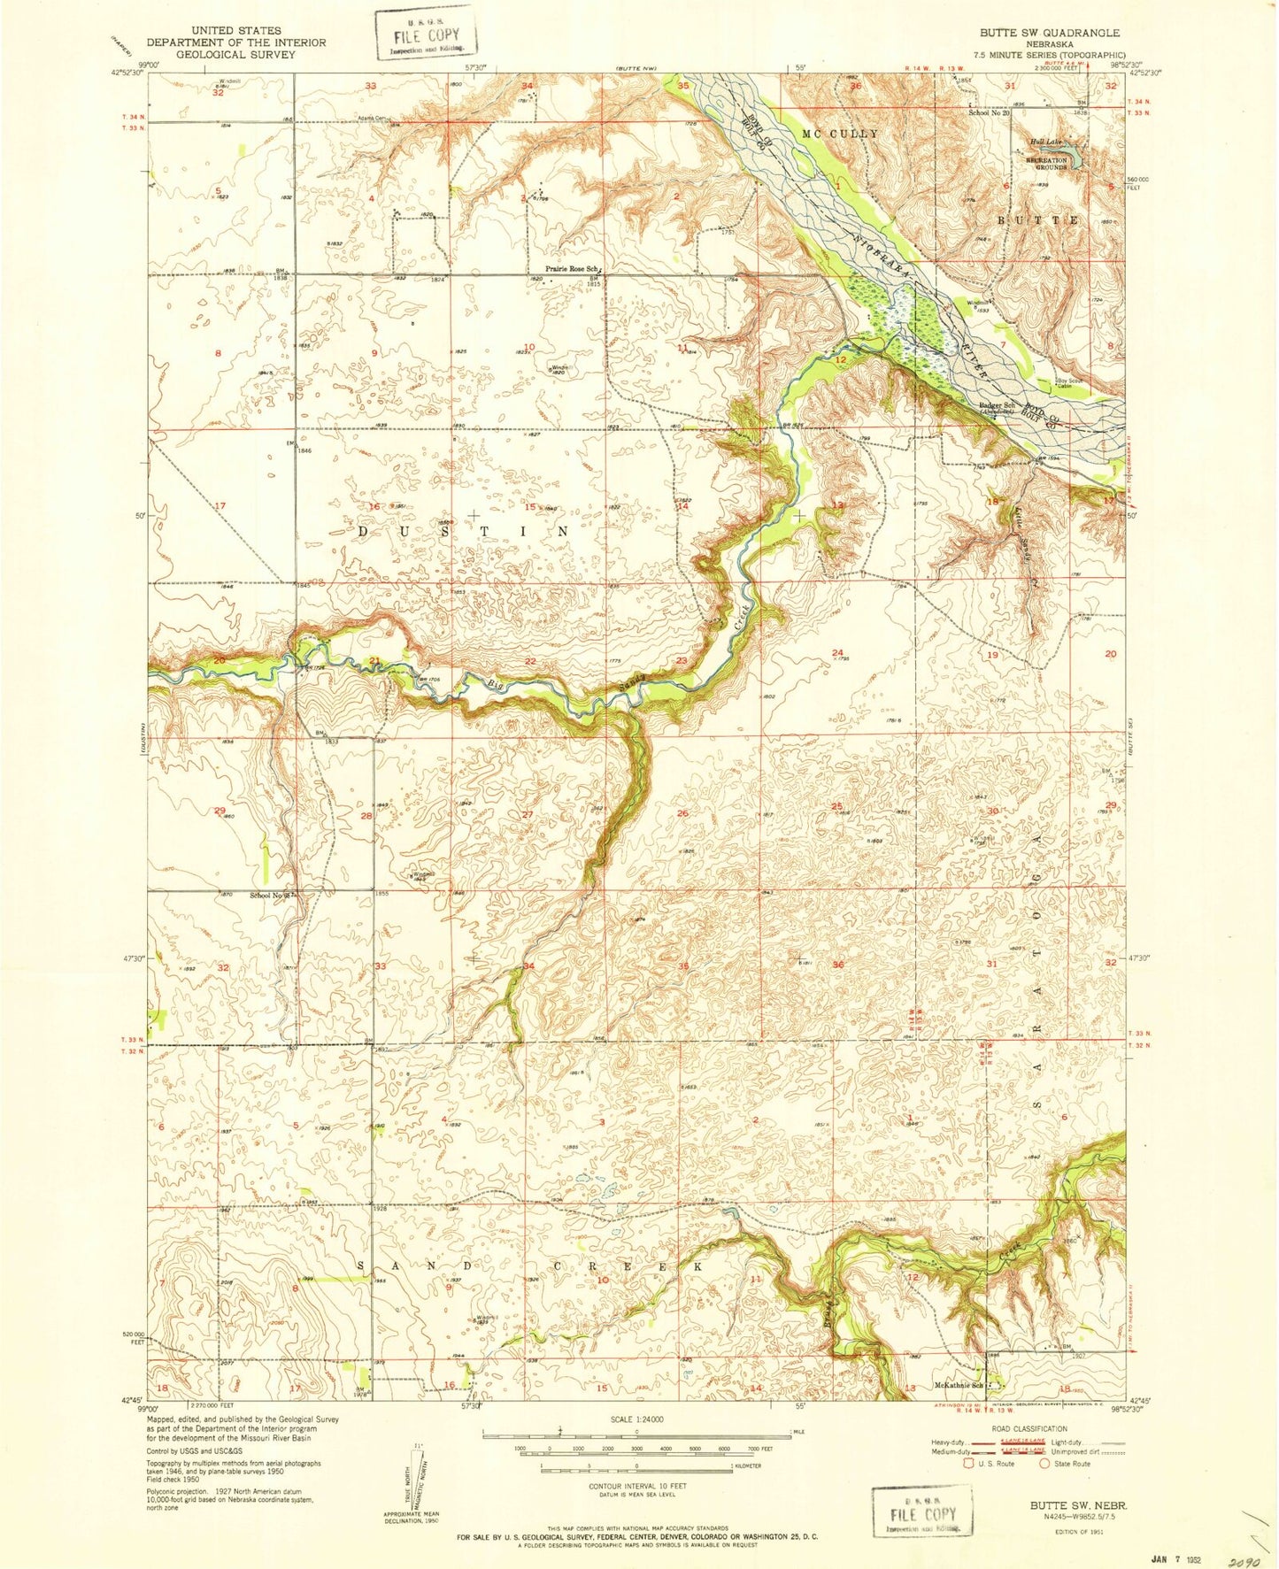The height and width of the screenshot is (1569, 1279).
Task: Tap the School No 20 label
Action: point(989,112)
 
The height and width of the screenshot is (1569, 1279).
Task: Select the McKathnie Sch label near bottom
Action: point(959,1386)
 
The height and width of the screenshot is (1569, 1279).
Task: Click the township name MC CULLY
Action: point(840,134)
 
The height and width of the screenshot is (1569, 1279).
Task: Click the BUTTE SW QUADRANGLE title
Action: point(1048,33)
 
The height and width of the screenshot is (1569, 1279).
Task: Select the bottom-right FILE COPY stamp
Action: point(921,1513)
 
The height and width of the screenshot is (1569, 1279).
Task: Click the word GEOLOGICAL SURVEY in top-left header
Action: point(236,54)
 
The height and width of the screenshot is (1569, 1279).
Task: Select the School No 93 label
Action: point(270,896)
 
